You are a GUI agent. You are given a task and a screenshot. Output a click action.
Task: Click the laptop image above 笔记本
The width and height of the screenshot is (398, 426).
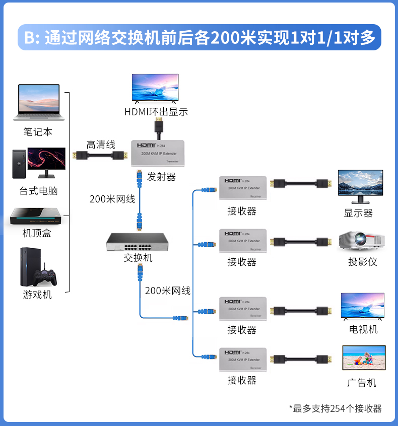pos(37,102)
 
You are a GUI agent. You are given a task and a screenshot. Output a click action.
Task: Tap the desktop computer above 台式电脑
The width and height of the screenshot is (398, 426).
pos(39,163)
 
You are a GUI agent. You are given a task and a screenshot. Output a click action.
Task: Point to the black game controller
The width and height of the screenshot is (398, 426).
pos(45,277)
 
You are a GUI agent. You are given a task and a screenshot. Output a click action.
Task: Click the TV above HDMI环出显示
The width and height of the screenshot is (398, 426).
pos(155,89)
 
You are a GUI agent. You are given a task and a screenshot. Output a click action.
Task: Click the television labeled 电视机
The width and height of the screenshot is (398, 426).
pos(362,306)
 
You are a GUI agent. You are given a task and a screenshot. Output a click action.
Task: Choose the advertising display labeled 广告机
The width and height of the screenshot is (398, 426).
pos(363,359)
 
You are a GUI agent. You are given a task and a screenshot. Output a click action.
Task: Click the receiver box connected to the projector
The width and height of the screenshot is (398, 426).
pos(243,241)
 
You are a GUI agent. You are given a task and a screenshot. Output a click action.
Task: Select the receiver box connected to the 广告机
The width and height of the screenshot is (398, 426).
pos(243,359)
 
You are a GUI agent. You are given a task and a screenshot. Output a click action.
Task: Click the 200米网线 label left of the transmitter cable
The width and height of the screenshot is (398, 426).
pos(112,199)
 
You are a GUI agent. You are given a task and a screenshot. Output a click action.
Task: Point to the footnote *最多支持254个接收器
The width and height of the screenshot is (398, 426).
pos(335,408)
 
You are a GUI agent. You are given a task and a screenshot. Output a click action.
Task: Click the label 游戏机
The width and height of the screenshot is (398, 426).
pos(37,295)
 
